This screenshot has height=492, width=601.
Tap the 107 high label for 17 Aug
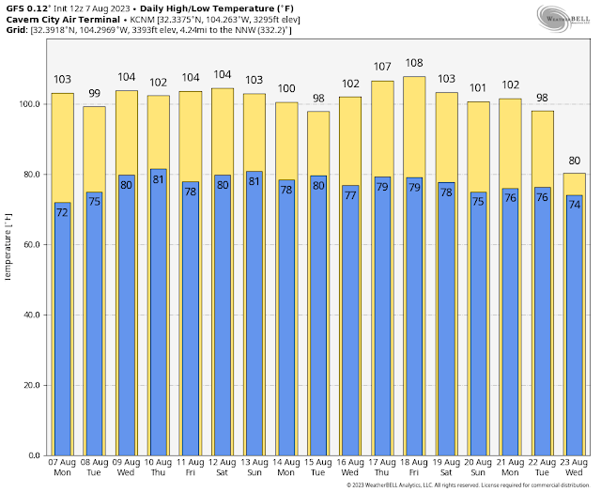pyautogui.click(x=382, y=68)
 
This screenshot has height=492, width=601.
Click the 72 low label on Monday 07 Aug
pyautogui.click(x=62, y=212)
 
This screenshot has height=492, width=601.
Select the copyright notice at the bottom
pyautogui.click(x=466, y=485)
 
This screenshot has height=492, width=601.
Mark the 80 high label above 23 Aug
pyautogui.click(x=574, y=161)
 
